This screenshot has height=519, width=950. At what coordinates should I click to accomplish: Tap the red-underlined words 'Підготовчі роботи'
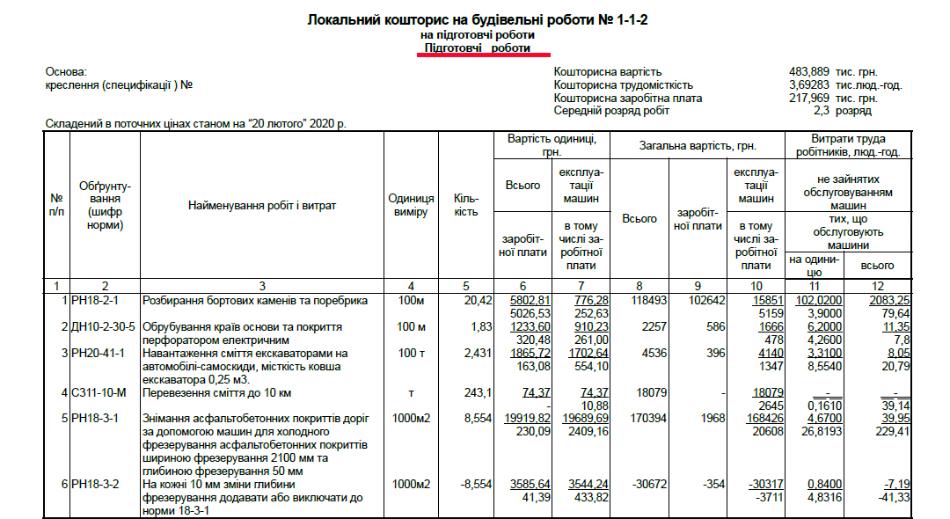point(478,48)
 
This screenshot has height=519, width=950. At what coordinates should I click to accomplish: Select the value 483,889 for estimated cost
point(809,72)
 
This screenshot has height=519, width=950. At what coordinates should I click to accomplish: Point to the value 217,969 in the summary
point(809,99)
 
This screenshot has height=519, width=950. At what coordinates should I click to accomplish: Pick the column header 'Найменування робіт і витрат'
point(262,206)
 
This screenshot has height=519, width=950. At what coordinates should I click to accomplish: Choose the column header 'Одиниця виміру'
point(411,206)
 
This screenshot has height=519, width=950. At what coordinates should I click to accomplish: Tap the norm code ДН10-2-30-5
point(104,327)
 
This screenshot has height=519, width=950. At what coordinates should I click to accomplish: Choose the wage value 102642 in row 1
point(701,301)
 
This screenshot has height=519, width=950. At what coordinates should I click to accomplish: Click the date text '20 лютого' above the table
point(279,124)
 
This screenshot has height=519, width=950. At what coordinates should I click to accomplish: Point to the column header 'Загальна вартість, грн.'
point(698,147)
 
